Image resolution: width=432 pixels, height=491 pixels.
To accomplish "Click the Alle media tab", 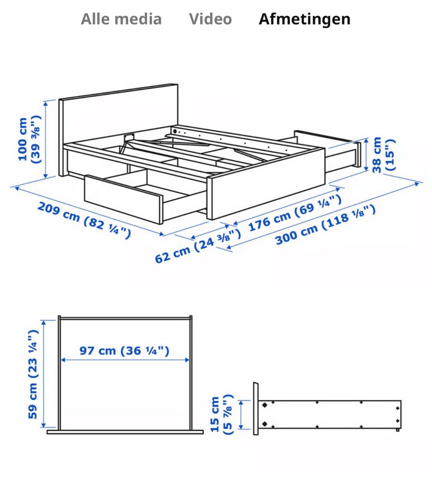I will click(121, 19).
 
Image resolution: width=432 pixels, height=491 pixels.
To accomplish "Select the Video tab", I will click(210, 19).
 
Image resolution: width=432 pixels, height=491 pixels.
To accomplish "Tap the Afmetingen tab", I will click(304, 19).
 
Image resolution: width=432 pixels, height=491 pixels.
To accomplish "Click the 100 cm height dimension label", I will click(29, 140).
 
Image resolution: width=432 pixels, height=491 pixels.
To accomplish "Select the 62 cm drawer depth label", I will click(197, 246).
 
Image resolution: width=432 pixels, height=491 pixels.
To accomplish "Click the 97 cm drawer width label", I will click(124, 351).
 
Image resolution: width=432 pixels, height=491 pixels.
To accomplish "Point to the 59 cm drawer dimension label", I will click(33, 374).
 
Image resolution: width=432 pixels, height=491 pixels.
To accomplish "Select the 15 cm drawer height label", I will click(222, 415).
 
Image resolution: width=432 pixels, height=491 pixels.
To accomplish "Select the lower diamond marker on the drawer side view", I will click(264, 424).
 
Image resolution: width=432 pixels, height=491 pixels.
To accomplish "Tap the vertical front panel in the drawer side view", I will click(255, 409).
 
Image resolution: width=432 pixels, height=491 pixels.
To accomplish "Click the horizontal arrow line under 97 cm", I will click(125, 360).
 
